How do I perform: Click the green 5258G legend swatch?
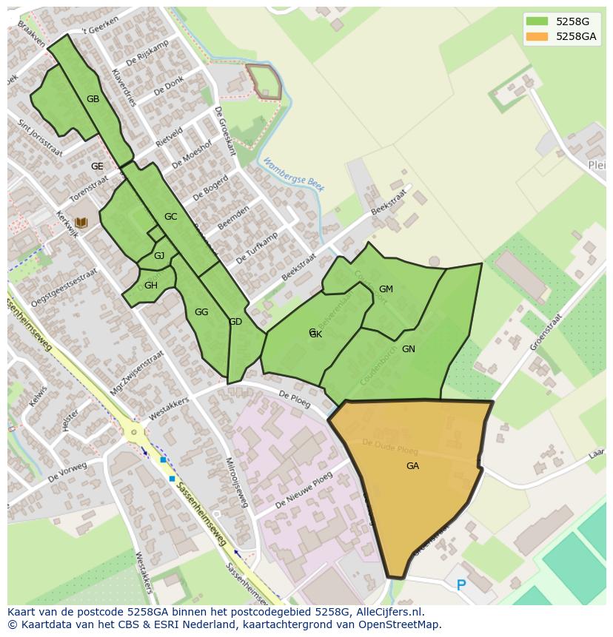[537, 21]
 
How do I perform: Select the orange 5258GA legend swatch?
[537, 36]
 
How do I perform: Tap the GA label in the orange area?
[412, 466]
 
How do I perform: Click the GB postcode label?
[93, 99]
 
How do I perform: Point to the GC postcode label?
[170, 217]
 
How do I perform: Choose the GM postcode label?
[386, 289]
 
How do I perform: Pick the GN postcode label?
[408, 349]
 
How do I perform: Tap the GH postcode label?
[151, 286]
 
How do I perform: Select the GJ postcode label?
[159, 256]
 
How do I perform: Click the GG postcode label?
[201, 312]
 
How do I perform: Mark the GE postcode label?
[97, 166]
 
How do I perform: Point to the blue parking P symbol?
[461, 585]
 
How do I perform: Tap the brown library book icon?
[81, 222]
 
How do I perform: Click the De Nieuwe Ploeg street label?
[304, 491]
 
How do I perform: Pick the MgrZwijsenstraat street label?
[135, 374]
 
